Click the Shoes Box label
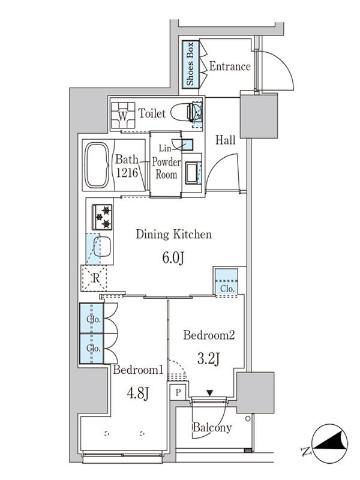190,64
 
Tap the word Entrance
230,67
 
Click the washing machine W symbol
123,115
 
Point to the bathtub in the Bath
97,165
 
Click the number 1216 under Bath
127,173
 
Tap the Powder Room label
166,168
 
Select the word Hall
226,140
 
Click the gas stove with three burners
102,217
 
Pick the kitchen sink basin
102,246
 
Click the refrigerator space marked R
94,278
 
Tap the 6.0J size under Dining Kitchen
173,258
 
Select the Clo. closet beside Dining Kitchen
227,283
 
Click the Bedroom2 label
209,335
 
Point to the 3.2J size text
208,358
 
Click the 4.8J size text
138,394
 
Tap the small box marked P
178,392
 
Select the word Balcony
212,428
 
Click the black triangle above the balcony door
209,393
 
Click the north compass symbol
329,443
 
